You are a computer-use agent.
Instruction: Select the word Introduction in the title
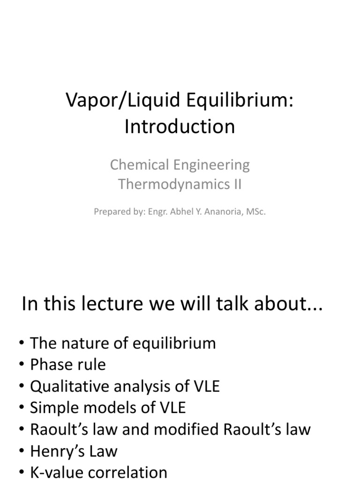click(180, 127)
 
